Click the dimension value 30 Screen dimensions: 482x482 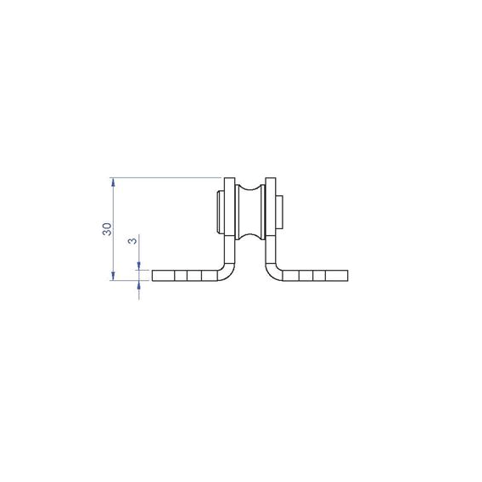(x=107, y=229)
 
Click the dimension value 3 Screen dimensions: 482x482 (x=132, y=240)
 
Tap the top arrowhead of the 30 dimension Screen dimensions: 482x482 (x=113, y=182)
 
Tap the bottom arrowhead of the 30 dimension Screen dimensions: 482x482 (x=113, y=276)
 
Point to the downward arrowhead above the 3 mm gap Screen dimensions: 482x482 (x=139, y=266)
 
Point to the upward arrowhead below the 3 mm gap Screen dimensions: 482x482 (x=139, y=284)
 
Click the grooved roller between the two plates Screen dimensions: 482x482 (x=250, y=212)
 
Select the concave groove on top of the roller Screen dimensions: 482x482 (x=250, y=188)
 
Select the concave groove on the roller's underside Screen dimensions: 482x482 (x=250, y=237)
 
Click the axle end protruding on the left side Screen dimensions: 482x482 (x=221, y=212)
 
